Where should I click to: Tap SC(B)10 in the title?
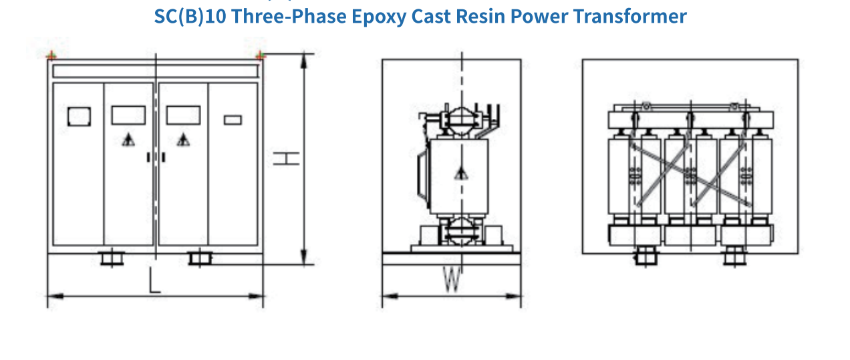pyautogui.click(x=189, y=15)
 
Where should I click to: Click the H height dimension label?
pyautogui.click(x=285, y=158)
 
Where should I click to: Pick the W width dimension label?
pyautogui.click(x=452, y=280)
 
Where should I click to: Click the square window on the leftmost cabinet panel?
pyautogui.click(x=78, y=116)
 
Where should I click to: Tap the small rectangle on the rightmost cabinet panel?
pyautogui.click(x=233, y=120)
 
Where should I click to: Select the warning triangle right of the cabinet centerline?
pyautogui.click(x=182, y=140)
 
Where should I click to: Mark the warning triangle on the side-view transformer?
pyautogui.click(x=460, y=174)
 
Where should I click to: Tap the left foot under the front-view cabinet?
pyautogui.click(x=112, y=257)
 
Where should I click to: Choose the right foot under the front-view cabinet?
pyautogui.click(x=199, y=257)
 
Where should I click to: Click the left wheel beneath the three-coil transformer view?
pyautogui.click(x=645, y=256)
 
